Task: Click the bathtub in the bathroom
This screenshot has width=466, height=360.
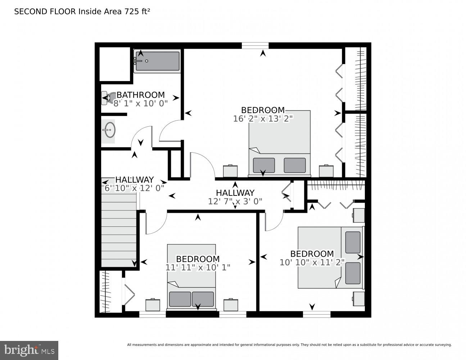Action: pyautogui.click(x=157, y=61)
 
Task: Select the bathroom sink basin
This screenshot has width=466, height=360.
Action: pyautogui.click(x=109, y=130)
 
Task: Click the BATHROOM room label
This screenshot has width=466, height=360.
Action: pyautogui.click(x=141, y=95)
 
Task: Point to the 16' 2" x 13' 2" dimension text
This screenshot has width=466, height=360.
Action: pyautogui.click(x=263, y=118)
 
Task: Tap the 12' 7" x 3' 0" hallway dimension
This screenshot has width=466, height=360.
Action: pyautogui.click(x=235, y=201)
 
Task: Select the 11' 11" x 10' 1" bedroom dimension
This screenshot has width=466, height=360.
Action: pyautogui.click(x=198, y=267)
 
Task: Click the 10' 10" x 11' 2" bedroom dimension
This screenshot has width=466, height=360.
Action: pyautogui.click(x=312, y=262)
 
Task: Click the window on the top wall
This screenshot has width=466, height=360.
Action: pyautogui.click(x=255, y=45)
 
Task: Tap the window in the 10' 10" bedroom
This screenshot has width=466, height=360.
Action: pyautogui.click(x=317, y=314)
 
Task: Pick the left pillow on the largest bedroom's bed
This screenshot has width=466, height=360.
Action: pyautogui.click(x=264, y=165)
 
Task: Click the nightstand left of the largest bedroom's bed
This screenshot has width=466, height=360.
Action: pyautogui.click(x=230, y=171)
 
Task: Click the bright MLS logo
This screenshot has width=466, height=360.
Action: pyautogui.click(x=29, y=350)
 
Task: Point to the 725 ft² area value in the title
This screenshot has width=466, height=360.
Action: pyautogui.click(x=137, y=12)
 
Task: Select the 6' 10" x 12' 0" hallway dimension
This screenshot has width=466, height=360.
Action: pyautogui.click(x=134, y=188)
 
